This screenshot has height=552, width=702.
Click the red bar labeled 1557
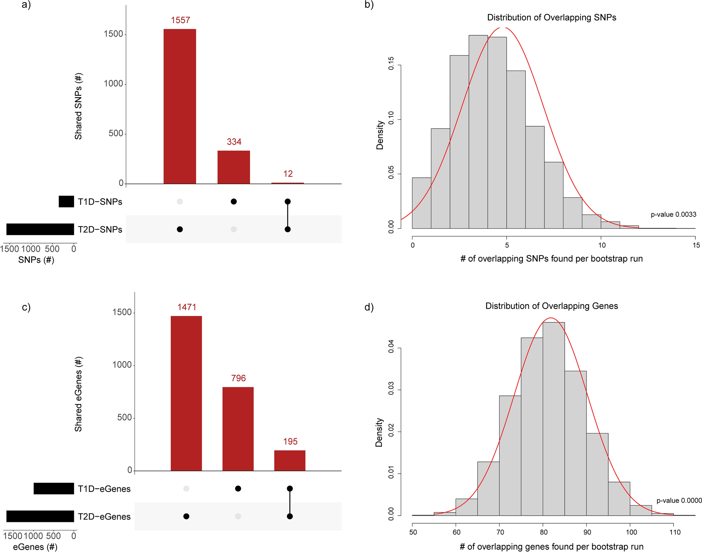(180, 106)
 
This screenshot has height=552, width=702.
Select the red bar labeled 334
(234, 167)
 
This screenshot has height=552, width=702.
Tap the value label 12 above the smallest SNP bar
(288, 174)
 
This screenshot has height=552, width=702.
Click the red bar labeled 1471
(186, 393)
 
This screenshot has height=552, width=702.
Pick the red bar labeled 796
(238, 429)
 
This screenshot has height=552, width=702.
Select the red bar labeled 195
(290, 460)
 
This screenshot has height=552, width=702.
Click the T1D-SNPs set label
(100, 202)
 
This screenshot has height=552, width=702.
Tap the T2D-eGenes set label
(104, 517)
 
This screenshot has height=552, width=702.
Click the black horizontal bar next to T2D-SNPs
(40, 229)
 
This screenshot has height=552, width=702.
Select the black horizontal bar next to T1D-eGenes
(54, 489)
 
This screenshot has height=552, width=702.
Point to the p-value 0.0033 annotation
(673, 214)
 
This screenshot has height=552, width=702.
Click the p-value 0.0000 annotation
(679, 501)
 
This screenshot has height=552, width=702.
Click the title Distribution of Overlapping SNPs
(552, 17)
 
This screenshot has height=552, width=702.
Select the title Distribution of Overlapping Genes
(552, 306)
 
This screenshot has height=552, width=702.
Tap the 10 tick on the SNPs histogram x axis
(602, 245)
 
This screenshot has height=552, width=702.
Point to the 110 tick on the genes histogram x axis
(675, 532)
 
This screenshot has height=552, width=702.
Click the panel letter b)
(369, 5)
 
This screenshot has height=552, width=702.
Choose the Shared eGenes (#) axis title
(78, 394)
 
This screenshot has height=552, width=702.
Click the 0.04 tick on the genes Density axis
(391, 348)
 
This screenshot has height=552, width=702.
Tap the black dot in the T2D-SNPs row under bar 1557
(180, 229)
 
